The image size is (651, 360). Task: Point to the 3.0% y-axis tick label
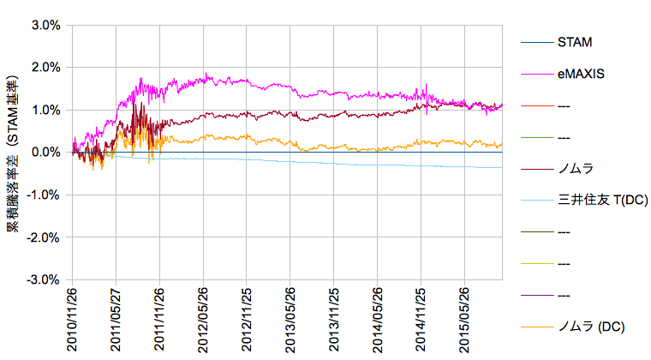point(45,25)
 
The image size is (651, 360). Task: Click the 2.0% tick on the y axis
point(45,68)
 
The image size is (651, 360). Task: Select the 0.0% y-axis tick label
point(45,153)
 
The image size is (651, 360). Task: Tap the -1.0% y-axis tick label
point(44,195)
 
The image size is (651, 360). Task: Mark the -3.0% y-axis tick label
point(44,280)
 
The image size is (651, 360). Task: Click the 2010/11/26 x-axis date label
point(73,319)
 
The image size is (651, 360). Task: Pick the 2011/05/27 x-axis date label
point(116,319)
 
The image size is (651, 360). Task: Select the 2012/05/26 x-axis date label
point(204,319)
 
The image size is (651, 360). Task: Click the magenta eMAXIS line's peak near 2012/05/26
point(206,75)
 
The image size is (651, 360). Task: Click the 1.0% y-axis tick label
point(45,110)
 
